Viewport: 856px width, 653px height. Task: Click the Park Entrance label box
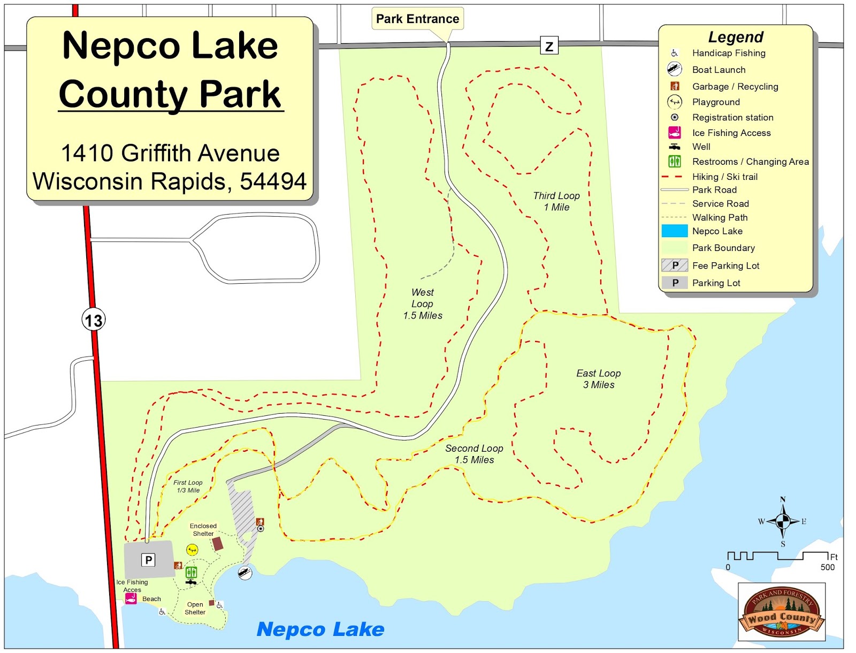(x=417, y=19)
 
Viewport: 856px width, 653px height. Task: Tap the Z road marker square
(x=549, y=46)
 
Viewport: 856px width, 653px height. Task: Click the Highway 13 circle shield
(x=94, y=321)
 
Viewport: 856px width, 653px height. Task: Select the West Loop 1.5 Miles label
(x=423, y=304)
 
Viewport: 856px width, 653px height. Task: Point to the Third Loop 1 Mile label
(x=556, y=201)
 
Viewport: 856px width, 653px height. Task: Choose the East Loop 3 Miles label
(x=599, y=379)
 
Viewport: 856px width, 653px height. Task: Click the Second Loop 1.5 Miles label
(x=474, y=454)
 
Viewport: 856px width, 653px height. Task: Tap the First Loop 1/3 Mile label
(x=188, y=486)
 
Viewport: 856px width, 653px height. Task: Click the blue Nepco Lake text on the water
(x=320, y=629)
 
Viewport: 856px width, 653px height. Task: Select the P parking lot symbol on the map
(x=148, y=560)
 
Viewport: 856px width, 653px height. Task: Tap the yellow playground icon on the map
(x=192, y=550)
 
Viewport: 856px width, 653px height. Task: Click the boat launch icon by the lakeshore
(x=245, y=573)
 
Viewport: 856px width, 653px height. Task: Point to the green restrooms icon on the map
(x=191, y=572)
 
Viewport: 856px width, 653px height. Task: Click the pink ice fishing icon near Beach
(x=131, y=598)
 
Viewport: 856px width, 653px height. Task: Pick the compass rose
(x=783, y=521)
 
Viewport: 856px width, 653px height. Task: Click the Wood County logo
(x=782, y=612)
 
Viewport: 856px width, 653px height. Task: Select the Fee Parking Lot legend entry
(x=725, y=265)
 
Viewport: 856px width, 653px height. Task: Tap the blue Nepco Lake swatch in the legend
(x=674, y=231)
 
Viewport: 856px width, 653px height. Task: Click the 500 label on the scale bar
(x=827, y=567)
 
